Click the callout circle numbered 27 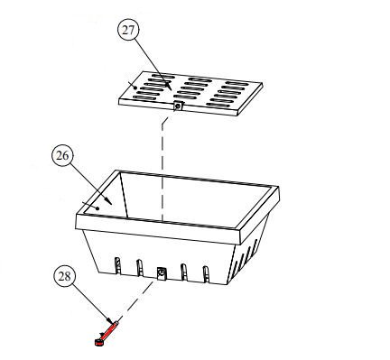pos(128,31)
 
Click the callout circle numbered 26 pos(62,156)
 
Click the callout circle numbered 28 pos(64,277)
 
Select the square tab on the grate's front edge pos(178,106)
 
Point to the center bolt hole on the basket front pos(162,273)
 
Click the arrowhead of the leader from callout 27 pos(170,87)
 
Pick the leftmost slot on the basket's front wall pos(118,266)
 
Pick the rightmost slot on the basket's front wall pos(207,274)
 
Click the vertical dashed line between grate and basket pos(162,170)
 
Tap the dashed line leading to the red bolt pos(135,300)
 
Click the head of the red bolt pos(98,342)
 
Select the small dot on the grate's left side pos(135,88)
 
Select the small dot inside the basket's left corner pos(97,208)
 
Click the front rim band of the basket pos(158,229)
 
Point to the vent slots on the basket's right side pos(246,256)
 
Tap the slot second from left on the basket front pos(140,268)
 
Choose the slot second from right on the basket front pos(184,272)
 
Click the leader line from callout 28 pos(91,303)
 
